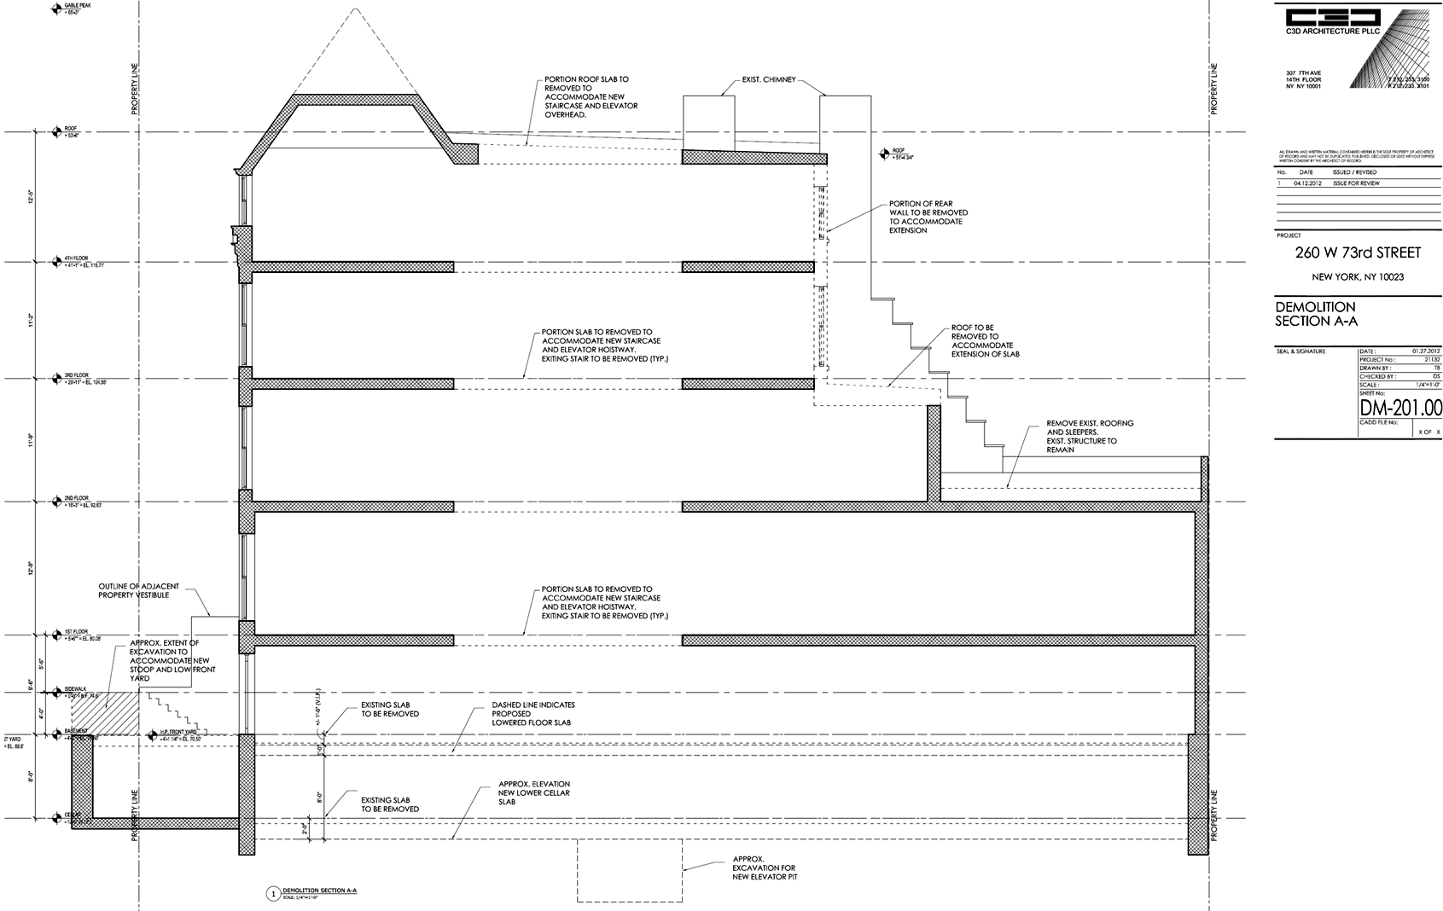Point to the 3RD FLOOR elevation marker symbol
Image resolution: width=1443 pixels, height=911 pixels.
(56, 378)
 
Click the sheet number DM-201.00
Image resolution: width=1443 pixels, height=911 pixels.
(1400, 408)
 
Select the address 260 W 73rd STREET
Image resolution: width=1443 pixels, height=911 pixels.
(1358, 252)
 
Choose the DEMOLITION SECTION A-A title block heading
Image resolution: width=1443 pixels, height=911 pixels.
(1315, 314)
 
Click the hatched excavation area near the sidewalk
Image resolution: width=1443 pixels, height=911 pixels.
(104, 711)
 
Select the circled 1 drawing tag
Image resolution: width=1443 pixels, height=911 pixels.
(273, 894)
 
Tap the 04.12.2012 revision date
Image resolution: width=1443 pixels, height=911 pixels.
(1307, 183)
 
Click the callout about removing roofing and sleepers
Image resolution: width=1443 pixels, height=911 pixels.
(1090, 436)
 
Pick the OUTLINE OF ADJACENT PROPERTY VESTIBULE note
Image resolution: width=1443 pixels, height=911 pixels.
(139, 590)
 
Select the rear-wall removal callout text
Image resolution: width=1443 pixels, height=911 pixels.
(928, 217)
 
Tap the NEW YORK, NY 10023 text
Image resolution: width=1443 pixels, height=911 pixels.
(1357, 277)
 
